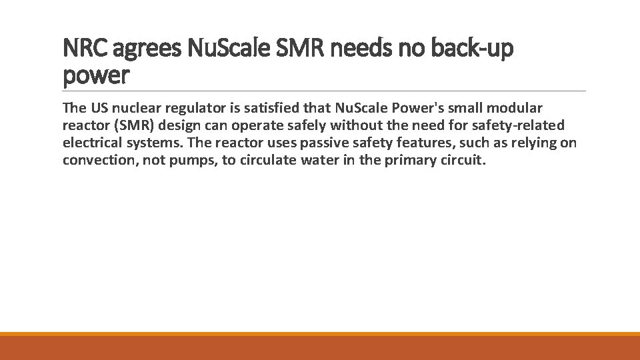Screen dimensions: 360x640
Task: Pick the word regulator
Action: (x=193, y=109)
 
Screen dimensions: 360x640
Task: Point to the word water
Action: (x=319, y=161)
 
